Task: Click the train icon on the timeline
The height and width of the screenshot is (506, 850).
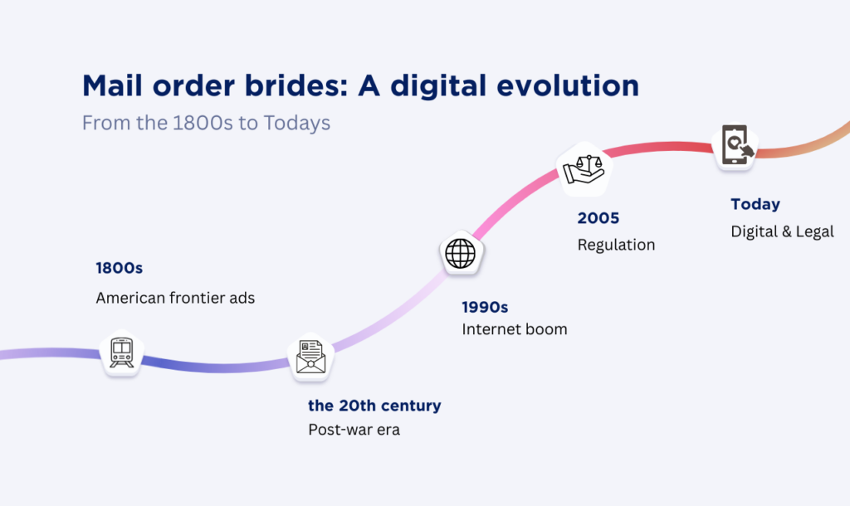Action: (x=121, y=353)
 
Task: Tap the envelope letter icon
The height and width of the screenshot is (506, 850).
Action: (x=310, y=357)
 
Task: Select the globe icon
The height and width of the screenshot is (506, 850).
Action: (x=461, y=253)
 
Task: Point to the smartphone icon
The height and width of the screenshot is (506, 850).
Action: (x=735, y=145)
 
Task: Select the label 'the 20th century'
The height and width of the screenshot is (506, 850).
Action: (x=374, y=406)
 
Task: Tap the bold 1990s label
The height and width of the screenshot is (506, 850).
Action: (x=485, y=307)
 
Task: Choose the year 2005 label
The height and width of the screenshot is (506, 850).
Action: (x=598, y=218)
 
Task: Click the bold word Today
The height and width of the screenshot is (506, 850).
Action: (x=755, y=204)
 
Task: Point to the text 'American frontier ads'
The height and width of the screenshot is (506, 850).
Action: (x=175, y=297)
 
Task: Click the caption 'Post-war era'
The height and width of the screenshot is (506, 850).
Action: (x=354, y=430)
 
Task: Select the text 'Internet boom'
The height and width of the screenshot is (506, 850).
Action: (x=515, y=329)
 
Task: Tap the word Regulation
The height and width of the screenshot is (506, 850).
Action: (x=616, y=245)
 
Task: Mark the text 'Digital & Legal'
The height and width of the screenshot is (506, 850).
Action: (x=782, y=231)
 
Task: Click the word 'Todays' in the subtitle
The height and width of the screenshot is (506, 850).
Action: (x=297, y=123)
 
